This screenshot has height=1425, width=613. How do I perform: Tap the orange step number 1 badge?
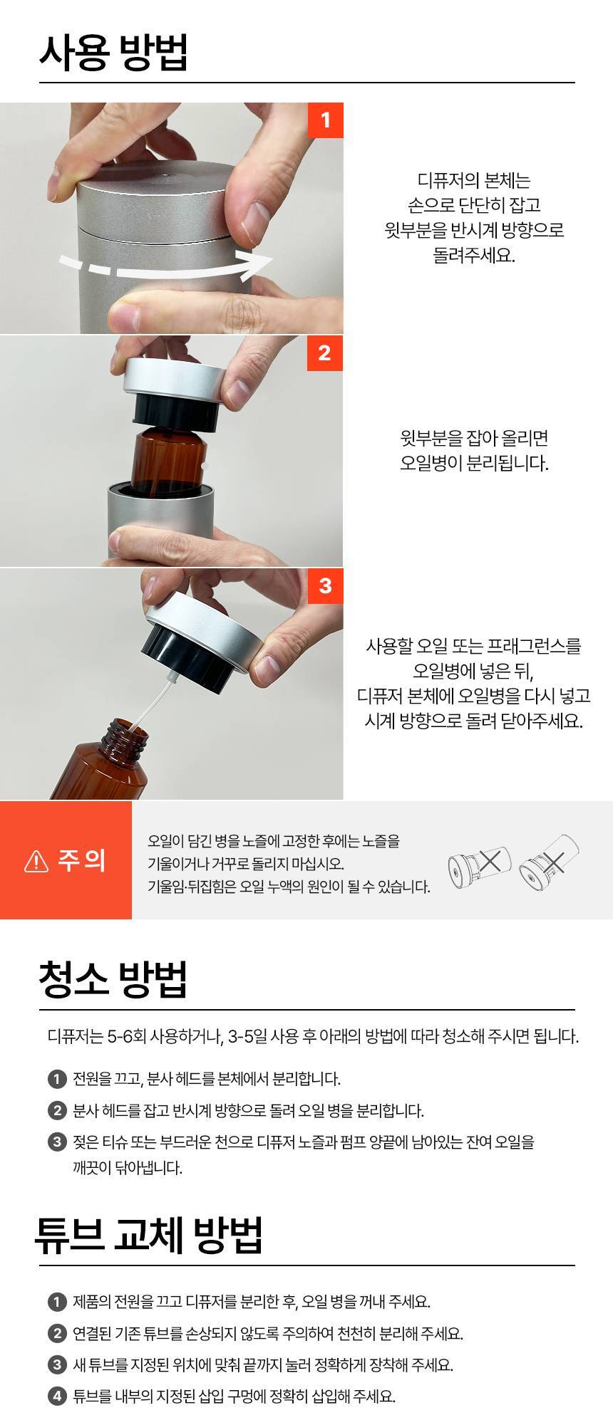[325, 120]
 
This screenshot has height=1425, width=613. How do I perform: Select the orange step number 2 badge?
[325, 353]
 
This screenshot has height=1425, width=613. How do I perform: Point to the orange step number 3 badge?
[325, 585]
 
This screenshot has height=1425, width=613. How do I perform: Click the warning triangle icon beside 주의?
[36, 861]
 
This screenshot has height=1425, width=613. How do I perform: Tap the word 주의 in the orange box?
[81, 860]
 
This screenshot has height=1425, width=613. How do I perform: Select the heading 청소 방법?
[113, 979]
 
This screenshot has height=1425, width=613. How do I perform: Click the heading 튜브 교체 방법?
[149, 1235]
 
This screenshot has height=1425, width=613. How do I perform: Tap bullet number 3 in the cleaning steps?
[57, 1142]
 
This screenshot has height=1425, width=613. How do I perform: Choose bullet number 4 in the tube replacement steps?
[57, 1396]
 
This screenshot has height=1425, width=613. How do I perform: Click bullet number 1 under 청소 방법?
[57, 1079]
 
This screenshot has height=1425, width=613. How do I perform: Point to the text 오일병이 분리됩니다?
[474, 463]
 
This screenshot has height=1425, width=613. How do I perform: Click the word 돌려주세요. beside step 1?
[474, 255]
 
